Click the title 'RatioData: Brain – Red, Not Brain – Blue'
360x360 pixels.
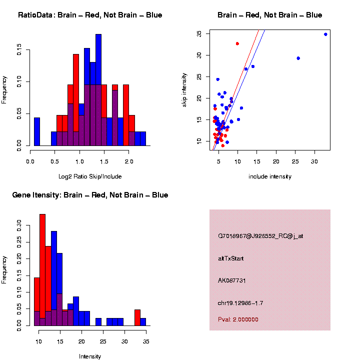(x=90, y=15)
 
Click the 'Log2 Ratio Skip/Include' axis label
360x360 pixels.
(x=90, y=176)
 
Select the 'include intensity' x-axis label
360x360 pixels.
(x=270, y=176)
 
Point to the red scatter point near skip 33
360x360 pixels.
(x=237, y=43)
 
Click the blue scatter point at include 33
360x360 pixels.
(x=325, y=34)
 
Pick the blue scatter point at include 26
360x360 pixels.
(x=298, y=58)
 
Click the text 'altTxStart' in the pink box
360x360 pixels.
(x=231, y=258)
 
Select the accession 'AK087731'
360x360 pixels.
(x=232, y=280)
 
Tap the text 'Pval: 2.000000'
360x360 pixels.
(x=238, y=319)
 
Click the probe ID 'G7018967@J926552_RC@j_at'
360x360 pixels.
(x=260, y=236)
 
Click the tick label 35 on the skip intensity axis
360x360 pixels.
(x=199, y=33)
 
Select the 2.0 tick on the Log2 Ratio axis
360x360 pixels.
(x=129, y=162)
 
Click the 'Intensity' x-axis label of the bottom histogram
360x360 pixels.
(x=90, y=356)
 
